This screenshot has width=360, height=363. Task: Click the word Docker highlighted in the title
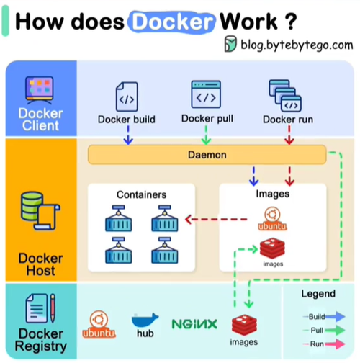pyautogui.click(x=171, y=22)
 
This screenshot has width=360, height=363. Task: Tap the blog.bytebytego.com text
pyautogui.click(x=297, y=45)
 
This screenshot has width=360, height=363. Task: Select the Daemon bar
pyautogui.click(x=207, y=155)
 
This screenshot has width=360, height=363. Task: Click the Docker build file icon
pyautogui.click(x=127, y=97)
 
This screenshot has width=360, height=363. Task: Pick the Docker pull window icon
pyautogui.click(x=206, y=94)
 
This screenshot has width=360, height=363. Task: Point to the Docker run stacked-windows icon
pyautogui.click(x=285, y=96)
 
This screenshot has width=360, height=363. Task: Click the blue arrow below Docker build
pyautogui.click(x=128, y=135)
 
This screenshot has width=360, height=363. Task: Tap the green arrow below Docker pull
pyautogui.click(x=206, y=135)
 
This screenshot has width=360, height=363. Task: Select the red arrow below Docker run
pyautogui.click(x=289, y=135)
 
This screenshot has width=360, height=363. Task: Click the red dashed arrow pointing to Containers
pyautogui.click(x=216, y=219)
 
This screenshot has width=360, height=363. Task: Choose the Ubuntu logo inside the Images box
pyautogui.click(x=272, y=219)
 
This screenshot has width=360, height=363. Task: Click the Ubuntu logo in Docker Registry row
pyautogui.click(x=99, y=324)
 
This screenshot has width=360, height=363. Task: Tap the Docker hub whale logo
pyautogui.click(x=145, y=320)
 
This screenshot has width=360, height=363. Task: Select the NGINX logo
pyautogui.click(x=194, y=324)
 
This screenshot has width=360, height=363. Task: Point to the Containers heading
pyautogui.click(x=141, y=194)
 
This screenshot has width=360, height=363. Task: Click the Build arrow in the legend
pyautogui.click(x=335, y=316)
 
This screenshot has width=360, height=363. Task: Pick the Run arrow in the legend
pyautogui.click(x=335, y=344)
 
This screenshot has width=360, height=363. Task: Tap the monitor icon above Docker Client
pyautogui.click(x=40, y=90)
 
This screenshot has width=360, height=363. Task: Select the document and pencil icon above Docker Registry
pyautogui.click(x=40, y=308)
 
